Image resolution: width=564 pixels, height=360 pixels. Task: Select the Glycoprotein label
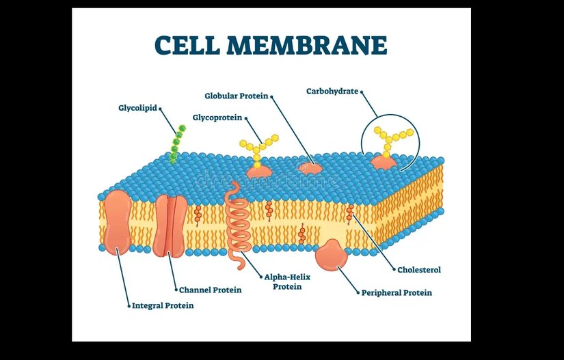point(217,117)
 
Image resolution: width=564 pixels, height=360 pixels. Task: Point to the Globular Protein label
point(236,96)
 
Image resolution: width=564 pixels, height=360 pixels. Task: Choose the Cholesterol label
point(420,270)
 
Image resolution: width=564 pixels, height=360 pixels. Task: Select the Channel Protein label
point(210,290)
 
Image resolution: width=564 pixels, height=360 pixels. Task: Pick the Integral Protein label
point(163,305)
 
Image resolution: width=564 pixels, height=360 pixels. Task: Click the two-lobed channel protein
point(169,225)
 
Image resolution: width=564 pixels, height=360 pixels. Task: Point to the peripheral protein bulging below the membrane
point(332,255)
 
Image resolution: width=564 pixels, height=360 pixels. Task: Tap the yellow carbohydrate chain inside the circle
point(392,137)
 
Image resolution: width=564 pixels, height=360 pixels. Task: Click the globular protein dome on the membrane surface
point(309,167)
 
